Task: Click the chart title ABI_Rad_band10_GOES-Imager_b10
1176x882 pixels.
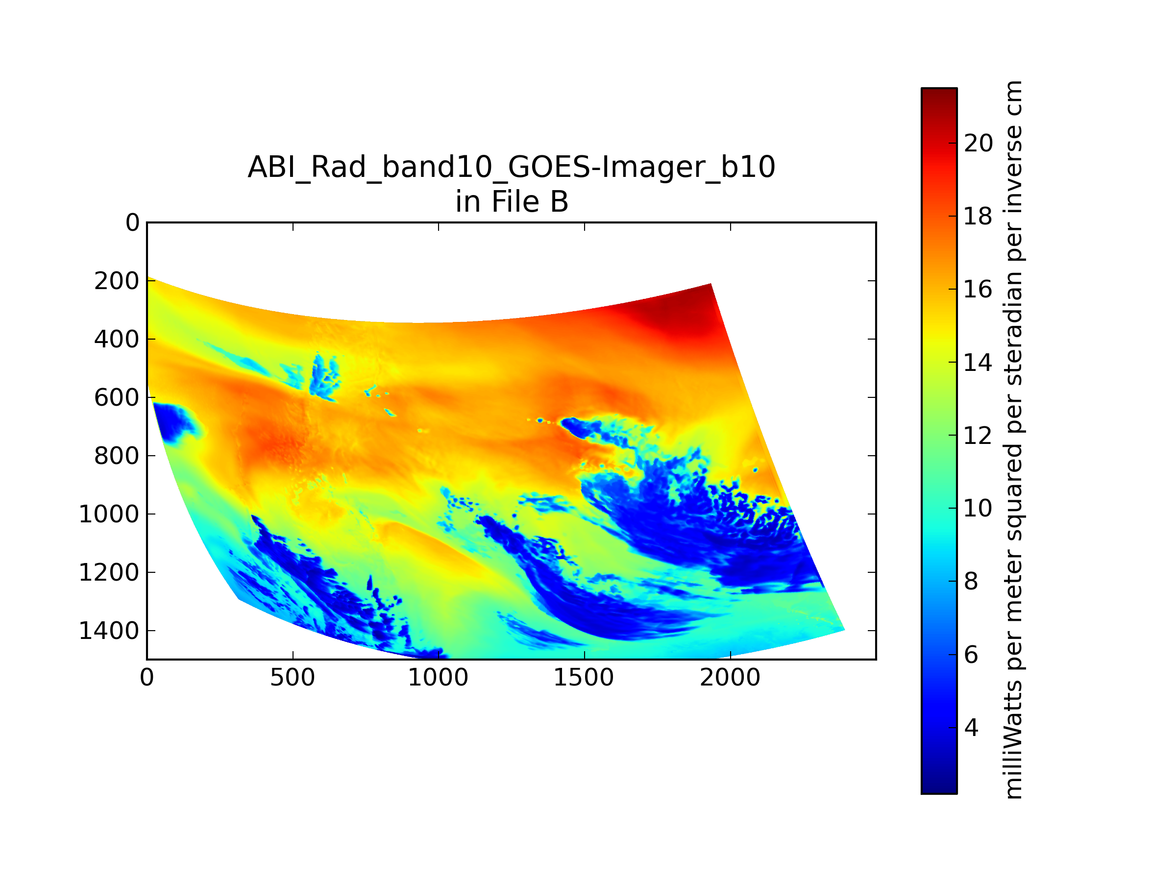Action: (512, 167)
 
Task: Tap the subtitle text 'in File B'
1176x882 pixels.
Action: (512, 201)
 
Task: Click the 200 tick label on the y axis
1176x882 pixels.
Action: (117, 281)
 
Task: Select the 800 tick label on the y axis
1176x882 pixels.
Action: (117, 456)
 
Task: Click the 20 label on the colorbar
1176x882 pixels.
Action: (978, 143)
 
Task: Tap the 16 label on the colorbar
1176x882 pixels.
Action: (978, 289)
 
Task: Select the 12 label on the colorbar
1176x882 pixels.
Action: (978, 436)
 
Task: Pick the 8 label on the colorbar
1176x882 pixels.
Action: (971, 582)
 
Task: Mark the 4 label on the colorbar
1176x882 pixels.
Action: (971, 728)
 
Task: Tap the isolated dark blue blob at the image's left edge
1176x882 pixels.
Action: (174, 421)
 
